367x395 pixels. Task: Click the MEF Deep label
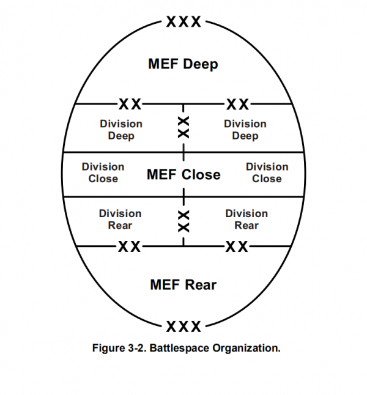coord(183,64)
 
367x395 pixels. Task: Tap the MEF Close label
coord(183,175)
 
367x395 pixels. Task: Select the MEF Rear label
coord(183,285)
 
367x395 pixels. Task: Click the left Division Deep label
coord(121,130)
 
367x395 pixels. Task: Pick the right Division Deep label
coord(245,130)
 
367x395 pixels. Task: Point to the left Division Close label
coord(103,172)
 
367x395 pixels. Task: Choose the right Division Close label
coord(267,172)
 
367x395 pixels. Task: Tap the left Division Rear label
coord(120,220)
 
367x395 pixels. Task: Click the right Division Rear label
coord(247,220)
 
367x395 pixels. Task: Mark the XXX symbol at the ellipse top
coord(183,22)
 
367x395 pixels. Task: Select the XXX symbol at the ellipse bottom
coord(183,325)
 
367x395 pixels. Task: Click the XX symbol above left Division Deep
coord(130,103)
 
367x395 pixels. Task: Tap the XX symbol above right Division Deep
coord(237,103)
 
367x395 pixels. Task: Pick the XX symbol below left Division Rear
coord(129,246)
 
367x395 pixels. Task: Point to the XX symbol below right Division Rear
coord(237,246)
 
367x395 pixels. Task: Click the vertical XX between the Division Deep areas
coord(183,127)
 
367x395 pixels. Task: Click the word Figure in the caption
coord(109,349)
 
